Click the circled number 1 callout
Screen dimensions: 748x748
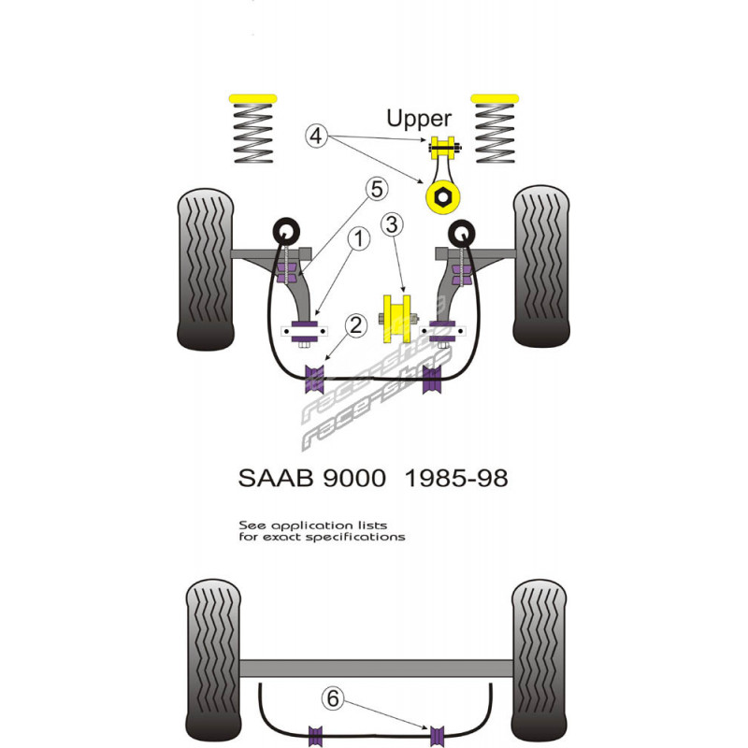pos(357,239)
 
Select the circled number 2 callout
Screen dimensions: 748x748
pos(353,325)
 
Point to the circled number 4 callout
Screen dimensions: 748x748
pos(316,136)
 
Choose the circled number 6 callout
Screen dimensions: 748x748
pos(332,697)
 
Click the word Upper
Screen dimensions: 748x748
pos(419,119)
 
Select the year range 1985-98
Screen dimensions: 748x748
pos(456,479)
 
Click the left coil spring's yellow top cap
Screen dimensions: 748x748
pos(252,98)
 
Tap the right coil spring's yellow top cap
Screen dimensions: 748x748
pos(496,98)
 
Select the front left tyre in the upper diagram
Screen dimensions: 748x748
pos(207,267)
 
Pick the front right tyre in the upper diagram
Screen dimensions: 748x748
pos(541,267)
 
